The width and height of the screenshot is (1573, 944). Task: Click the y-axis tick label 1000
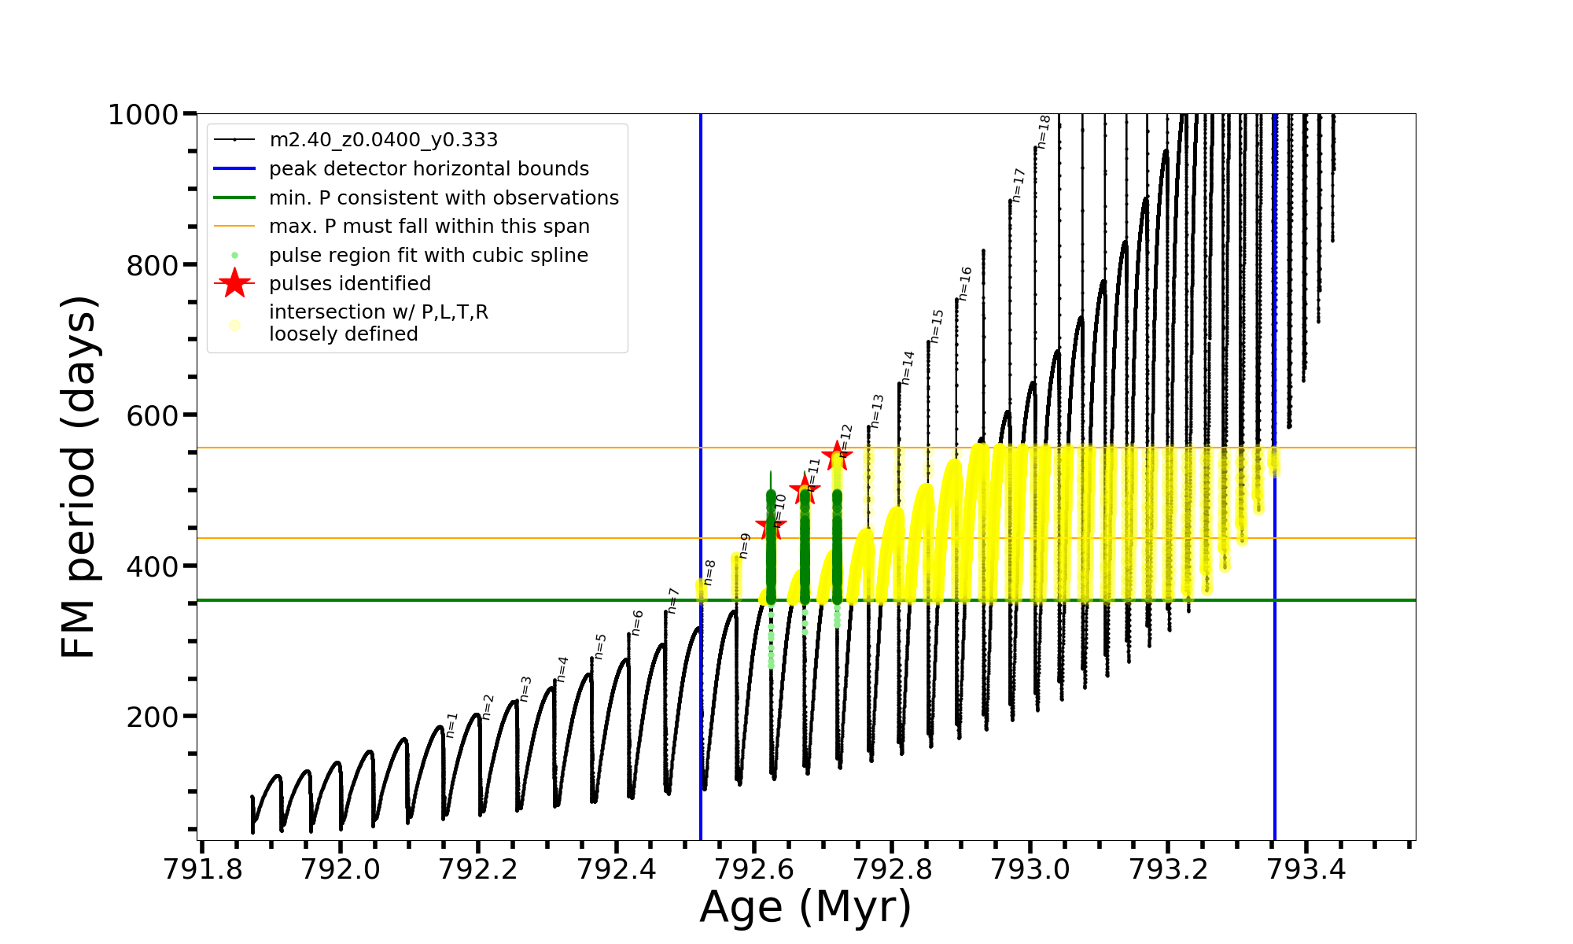tap(143, 115)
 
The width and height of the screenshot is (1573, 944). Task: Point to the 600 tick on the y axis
tap(153, 416)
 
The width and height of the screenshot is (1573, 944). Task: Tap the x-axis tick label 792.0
tap(340, 869)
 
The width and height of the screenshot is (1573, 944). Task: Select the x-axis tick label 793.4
tap(1306, 869)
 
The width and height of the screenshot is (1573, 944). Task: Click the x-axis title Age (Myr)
tap(805, 907)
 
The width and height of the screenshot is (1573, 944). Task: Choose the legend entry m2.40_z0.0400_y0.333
tap(383, 140)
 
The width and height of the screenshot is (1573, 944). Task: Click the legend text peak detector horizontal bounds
tap(429, 169)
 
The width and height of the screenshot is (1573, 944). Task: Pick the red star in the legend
tap(234, 283)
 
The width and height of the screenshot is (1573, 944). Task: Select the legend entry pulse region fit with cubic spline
tap(428, 256)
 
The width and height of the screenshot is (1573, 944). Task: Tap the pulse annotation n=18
tap(1044, 131)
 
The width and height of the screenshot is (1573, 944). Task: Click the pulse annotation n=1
tap(451, 725)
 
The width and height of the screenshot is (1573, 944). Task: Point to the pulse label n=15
tap(936, 326)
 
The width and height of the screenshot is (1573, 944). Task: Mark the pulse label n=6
tap(637, 622)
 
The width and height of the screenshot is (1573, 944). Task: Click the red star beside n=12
tap(837, 456)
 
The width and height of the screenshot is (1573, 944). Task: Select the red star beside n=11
tap(804, 490)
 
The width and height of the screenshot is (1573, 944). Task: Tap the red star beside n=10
tap(770, 526)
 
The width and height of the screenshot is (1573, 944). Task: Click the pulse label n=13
tap(877, 411)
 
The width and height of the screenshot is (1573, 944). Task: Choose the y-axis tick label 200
tap(153, 717)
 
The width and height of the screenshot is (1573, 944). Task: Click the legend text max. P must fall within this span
tap(429, 227)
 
